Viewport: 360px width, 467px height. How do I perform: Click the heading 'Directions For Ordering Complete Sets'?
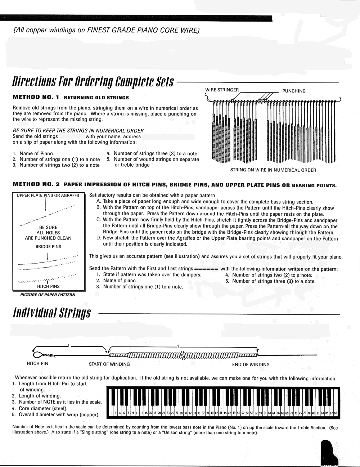click(x=93, y=82)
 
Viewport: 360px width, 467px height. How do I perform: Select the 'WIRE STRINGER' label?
click(x=222, y=90)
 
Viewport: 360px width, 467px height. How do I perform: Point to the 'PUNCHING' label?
click(x=294, y=91)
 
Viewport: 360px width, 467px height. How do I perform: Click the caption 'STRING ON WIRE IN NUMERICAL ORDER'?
click(x=273, y=170)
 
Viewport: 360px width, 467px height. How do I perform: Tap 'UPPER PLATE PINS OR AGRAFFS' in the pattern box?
click(x=48, y=196)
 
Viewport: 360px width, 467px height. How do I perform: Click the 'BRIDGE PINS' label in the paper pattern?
click(x=48, y=247)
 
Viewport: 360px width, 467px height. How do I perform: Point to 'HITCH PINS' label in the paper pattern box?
click(x=48, y=286)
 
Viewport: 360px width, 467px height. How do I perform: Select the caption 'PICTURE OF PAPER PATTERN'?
click(x=48, y=295)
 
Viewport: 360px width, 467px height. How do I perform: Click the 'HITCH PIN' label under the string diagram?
click(x=37, y=364)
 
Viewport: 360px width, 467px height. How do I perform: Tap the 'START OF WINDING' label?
click(x=109, y=364)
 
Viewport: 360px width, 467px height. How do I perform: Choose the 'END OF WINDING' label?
click(x=251, y=364)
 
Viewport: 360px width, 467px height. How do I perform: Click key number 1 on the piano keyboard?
click(x=111, y=413)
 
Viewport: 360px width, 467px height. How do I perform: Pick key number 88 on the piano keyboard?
click(x=336, y=413)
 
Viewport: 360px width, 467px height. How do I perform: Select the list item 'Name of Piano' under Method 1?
click(x=36, y=153)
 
